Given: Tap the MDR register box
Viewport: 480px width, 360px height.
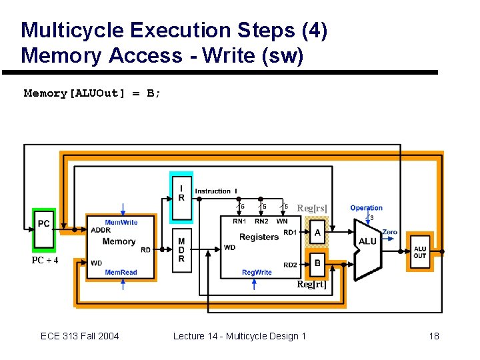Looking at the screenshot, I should [x=181, y=250].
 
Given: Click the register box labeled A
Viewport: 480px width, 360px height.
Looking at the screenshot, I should [x=317, y=233].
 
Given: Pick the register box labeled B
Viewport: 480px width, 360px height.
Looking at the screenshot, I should [x=317, y=263].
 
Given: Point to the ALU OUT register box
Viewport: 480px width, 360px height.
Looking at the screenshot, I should [x=420, y=252].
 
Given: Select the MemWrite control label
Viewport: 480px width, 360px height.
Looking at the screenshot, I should [x=121, y=222].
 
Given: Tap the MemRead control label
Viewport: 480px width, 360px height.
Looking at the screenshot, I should [x=121, y=272].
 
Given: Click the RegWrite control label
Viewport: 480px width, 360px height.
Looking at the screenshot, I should [x=257, y=272].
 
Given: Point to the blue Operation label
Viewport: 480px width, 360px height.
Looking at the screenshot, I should [x=366, y=208].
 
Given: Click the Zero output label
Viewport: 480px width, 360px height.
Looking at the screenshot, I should [x=389, y=232].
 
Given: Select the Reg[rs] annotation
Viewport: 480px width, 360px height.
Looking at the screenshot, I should [x=312, y=209].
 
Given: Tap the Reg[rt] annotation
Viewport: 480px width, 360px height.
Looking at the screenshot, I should [x=311, y=285].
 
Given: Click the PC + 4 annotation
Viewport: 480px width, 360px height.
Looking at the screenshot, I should [x=45, y=260].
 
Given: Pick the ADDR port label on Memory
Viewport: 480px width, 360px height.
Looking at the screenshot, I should [x=101, y=230].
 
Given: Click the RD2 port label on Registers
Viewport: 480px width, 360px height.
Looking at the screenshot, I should [x=290, y=265].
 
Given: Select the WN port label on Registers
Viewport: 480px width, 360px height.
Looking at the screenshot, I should [x=282, y=221].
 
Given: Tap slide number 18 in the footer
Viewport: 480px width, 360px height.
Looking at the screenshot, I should [x=434, y=336].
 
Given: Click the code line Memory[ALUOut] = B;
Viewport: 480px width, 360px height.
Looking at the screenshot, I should [x=92, y=93].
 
